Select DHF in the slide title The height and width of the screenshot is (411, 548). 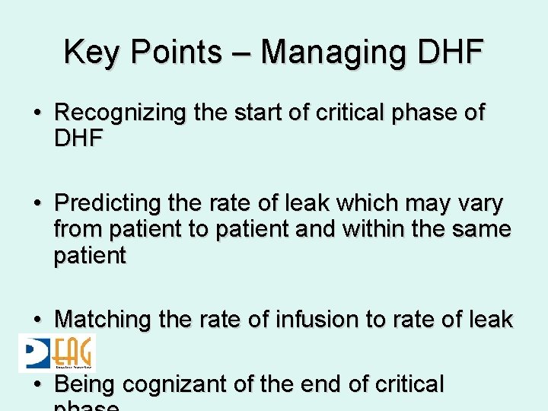tap(453, 52)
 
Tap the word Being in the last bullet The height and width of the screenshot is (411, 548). tap(85, 384)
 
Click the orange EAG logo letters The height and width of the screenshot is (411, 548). tap(74, 353)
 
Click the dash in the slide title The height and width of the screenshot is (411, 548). tap(246, 53)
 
